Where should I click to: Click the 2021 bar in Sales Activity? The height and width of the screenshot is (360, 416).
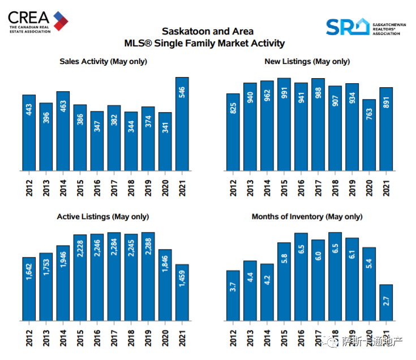[x=182, y=124]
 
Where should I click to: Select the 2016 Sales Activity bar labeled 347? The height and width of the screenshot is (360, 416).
[x=97, y=141]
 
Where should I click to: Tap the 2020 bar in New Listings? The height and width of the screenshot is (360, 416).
[x=369, y=135]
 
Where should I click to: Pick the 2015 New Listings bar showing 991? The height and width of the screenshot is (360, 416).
[x=284, y=125]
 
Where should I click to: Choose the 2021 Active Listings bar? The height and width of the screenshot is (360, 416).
[x=182, y=293]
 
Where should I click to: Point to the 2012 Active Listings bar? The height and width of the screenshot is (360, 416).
[x=29, y=289]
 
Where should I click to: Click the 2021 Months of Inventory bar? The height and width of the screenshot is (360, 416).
[x=386, y=303]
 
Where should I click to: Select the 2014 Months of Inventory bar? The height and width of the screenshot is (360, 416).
[x=267, y=292]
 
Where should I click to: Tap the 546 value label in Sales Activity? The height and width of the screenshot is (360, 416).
[x=182, y=92]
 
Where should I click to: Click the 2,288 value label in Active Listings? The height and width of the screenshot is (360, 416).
[x=148, y=246]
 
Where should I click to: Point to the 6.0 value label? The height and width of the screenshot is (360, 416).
[x=318, y=256]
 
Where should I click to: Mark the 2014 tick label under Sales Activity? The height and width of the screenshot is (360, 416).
[x=63, y=188]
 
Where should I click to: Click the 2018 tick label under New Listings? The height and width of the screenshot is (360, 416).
[x=335, y=188]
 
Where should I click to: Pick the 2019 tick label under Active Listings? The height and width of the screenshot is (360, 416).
[x=148, y=338]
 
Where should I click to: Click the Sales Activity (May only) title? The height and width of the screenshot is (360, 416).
[x=103, y=62]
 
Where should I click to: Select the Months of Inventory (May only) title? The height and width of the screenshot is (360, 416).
[x=307, y=217]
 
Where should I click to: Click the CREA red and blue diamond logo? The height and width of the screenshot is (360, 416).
[x=61, y=21]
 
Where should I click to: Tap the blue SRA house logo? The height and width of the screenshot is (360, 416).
[x=348, y=27]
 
